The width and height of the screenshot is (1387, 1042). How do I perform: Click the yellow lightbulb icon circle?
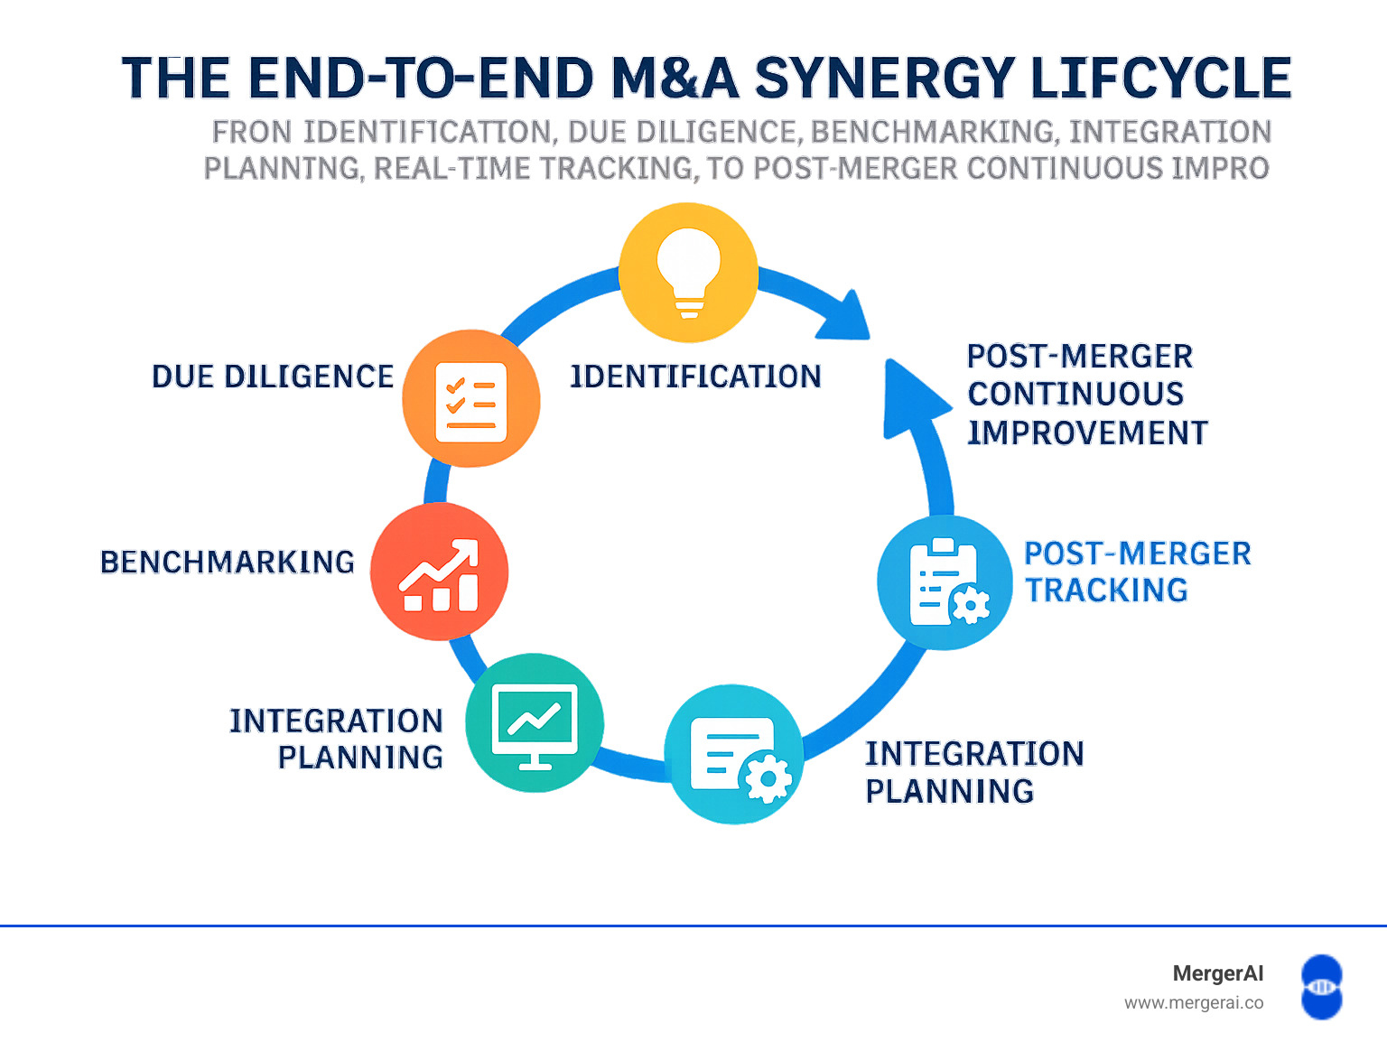(688, 273)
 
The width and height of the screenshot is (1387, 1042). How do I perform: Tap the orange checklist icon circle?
(471, 399)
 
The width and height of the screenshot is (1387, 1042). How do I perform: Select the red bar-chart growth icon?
(440, 572)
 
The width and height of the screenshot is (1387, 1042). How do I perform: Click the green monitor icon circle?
(535, 723)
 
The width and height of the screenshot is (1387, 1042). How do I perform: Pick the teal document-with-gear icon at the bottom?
(734, 754)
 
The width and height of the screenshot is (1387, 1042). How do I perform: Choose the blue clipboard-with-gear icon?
(945, 582)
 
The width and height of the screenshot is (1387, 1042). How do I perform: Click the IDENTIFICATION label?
(695, 377)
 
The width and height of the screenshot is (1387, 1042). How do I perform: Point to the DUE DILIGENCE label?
(273, 377)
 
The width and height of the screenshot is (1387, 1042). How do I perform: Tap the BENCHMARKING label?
(228, 562)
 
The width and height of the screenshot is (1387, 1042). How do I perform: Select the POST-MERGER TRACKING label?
(1138, 572)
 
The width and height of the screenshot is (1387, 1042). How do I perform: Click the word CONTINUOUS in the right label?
(1075, 394)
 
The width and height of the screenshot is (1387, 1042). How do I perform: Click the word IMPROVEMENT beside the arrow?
(1087, 433)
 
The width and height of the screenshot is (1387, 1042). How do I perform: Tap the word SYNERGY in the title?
(883, 78)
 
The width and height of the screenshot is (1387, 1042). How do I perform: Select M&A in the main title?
(675, 78)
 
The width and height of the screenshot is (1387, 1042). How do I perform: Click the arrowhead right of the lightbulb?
(847, 318)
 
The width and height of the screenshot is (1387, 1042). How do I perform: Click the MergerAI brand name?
(1217, 973)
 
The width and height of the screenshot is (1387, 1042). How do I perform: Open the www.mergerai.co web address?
(1193, 1002)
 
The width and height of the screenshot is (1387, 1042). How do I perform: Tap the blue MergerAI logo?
(1321, 987)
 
